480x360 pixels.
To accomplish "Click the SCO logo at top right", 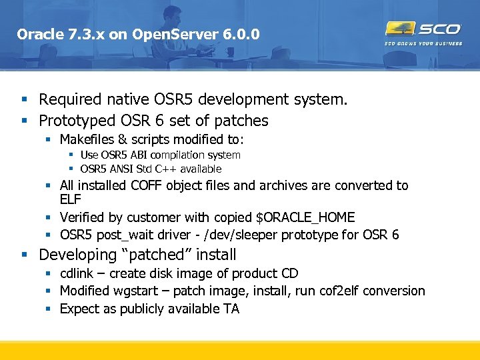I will pyautogui.click(x=423, y=29).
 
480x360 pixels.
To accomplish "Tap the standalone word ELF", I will pyautogui.click(x=70, y=200).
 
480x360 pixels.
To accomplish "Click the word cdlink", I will pyautogui.click(x=77, y=274).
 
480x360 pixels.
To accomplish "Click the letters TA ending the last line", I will pyautogui.click(x=231, y=309).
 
